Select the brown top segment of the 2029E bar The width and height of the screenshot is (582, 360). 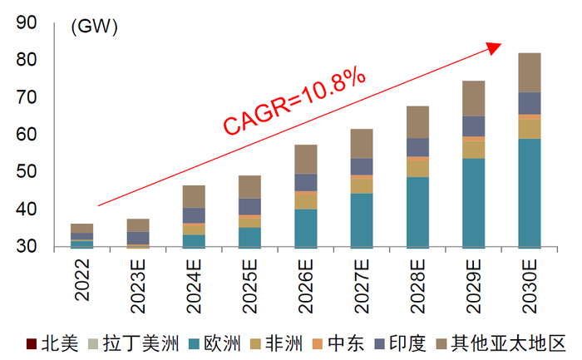473,98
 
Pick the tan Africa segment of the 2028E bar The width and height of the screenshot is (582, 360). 418,167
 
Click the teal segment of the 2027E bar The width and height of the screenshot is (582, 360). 361,219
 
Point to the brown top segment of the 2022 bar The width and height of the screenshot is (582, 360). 81,228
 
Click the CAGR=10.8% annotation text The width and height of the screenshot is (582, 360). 294,101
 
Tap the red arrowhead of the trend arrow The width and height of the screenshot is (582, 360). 496,47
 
